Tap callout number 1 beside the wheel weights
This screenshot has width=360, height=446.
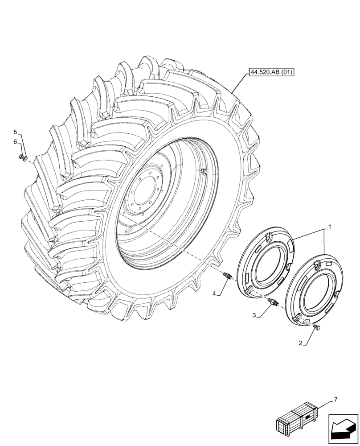[x=329, y=227]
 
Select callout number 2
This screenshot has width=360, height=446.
[x=301, y=343]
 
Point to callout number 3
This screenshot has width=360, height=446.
[x=254, y=315]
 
